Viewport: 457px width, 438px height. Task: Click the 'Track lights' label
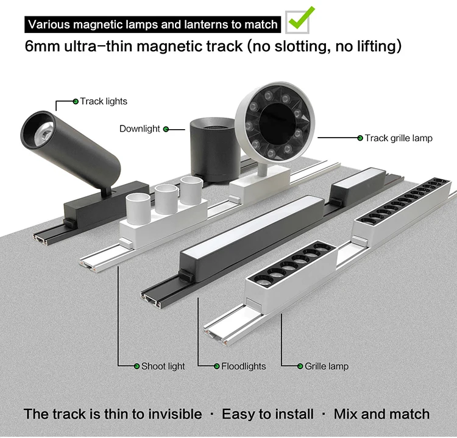point(104,101)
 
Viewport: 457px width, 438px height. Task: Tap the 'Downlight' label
point(140,129)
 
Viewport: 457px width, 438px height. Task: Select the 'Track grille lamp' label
point(399,138)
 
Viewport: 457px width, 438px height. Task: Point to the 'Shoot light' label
point(163,366)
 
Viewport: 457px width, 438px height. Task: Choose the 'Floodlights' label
point(243,366)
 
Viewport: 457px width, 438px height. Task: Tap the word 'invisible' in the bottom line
point(172,414)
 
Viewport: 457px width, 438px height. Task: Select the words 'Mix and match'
point(381,414)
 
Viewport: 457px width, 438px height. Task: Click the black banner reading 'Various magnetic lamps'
point(153,25)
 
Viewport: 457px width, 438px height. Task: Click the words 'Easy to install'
point(267,414)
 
